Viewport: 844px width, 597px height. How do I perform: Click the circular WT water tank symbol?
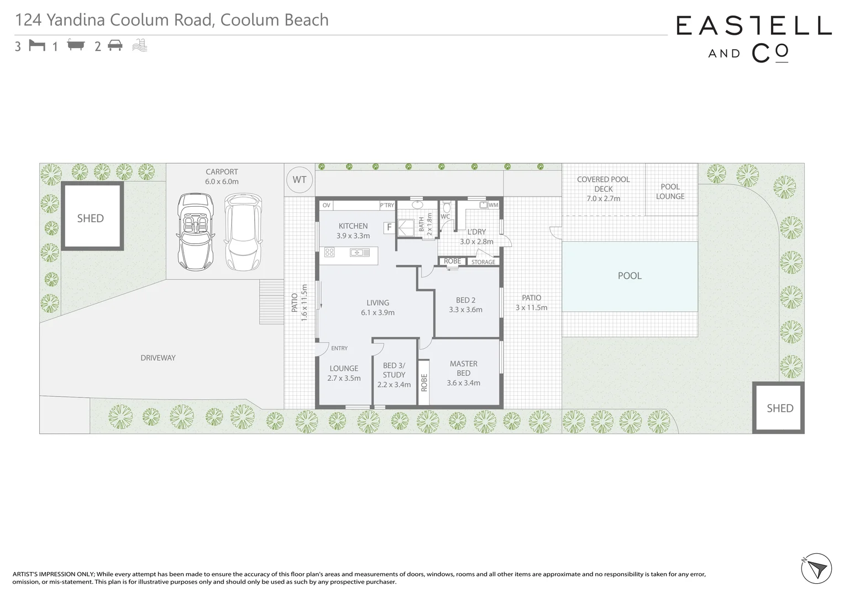[299, 180]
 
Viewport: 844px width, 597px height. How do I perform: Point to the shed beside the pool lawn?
[779, 408]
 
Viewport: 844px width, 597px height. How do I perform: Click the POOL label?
[629, 275]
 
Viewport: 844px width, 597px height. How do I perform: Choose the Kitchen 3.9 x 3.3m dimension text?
[353, 235]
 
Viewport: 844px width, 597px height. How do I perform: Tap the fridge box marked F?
[389, 227]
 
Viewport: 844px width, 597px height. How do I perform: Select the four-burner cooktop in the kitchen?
[329, 253]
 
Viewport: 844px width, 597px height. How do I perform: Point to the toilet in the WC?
[447, 208]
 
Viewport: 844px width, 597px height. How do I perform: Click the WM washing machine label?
[493, 205]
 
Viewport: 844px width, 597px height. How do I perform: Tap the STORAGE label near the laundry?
[483, 262]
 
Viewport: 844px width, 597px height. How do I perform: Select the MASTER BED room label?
[463, 368]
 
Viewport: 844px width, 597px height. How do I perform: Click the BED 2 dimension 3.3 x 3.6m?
[465, 310]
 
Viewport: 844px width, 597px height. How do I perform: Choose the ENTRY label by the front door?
[339, 348]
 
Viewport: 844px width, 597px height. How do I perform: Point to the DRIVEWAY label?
[158, 358]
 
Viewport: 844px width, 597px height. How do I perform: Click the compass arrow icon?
[816, 568]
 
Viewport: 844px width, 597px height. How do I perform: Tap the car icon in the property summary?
[115, 45]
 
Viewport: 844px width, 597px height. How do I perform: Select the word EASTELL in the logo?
[753, 25]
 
